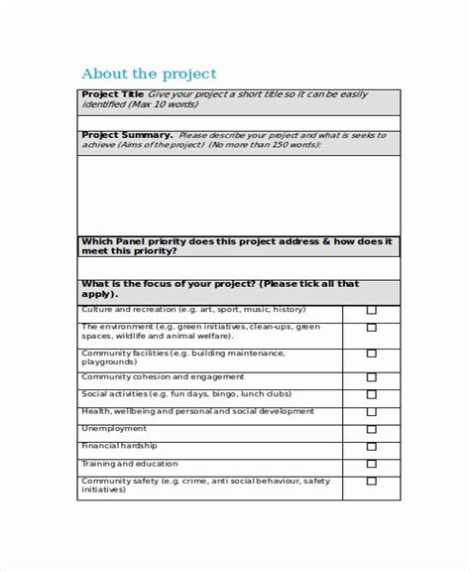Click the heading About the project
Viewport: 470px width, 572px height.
click(x=148, y=74)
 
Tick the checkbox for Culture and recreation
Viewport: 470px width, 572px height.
click(x=372, y=311)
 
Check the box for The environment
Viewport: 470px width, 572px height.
click(x=372, y=332)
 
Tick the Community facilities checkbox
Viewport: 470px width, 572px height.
click(x=372, y=354)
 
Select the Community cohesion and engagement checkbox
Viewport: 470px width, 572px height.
click(x=372, y=377)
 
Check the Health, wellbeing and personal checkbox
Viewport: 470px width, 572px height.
click(x=372, y=412)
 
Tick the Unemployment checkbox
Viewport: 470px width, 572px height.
click(x=372, y=430)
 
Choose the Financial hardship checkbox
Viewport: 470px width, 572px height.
click(x=372, y=447)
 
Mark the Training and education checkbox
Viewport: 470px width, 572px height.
click(x=372, y=464)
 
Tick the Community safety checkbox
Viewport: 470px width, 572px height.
click(x=372, y=482)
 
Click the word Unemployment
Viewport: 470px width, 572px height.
click(x=109, y=429)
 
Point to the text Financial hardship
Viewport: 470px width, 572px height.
click(x=115, y=446)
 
